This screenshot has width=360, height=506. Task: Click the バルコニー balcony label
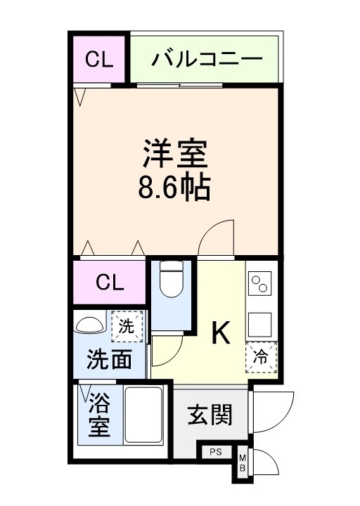click(206, 58)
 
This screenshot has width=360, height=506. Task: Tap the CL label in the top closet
click(99, 58)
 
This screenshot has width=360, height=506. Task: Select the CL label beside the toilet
click(110, 283)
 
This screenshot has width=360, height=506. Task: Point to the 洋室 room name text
click(176, 153)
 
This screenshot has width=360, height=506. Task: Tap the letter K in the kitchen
click(221, 335)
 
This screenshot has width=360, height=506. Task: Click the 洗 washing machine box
click(126, 326)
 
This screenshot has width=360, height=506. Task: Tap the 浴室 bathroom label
click(100, 415)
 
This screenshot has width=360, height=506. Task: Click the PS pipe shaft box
click(216, 453)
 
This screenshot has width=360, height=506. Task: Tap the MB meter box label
click(243, 464)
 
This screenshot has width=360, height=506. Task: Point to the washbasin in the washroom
click(89, 325)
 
